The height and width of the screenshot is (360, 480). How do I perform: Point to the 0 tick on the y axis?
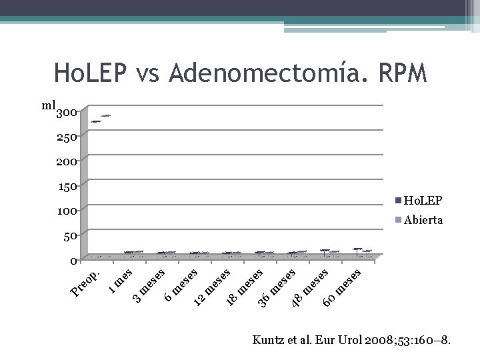[75, 260]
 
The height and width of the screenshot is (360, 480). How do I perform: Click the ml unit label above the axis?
[48, 105]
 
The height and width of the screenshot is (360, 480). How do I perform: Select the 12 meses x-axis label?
[212, 287]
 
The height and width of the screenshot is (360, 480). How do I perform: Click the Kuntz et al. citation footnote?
[352, 341]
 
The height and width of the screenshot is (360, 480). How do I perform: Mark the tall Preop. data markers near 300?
[101, 119]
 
